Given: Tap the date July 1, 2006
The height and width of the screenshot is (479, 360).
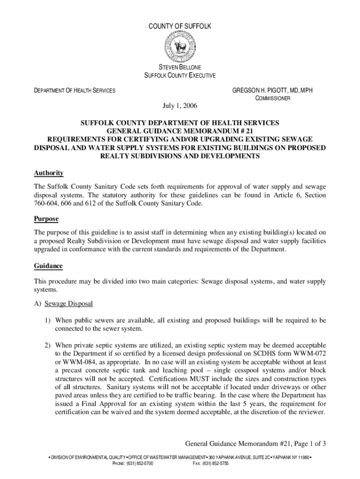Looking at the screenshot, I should [x=180, y=106].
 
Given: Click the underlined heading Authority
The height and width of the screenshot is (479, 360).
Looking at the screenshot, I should [x=49, y=173].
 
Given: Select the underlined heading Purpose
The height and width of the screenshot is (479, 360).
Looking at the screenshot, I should [x=46, y=219].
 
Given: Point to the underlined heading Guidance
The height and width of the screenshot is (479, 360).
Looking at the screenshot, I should [x=48, y=266].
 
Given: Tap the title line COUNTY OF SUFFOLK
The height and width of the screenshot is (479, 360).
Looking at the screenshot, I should [x=180, y=27].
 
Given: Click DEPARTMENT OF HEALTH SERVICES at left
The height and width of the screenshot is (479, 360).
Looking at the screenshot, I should [x=75, y=90].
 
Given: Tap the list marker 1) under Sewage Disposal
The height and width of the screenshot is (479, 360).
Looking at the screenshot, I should [x=48, y=320].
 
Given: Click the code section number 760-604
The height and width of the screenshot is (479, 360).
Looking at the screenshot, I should [x=47, y=203].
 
